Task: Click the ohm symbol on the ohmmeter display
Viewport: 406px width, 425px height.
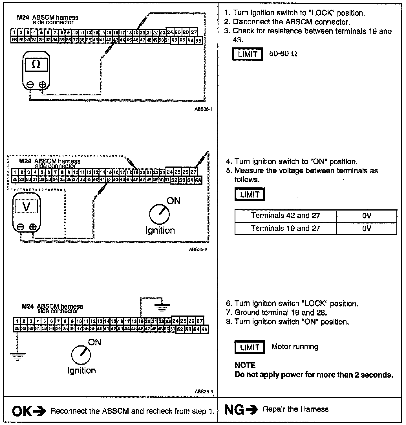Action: [x=36, y=65]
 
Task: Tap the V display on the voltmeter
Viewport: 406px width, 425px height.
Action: [x=26, y=207]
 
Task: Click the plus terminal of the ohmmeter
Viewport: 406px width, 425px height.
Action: [x=43, y=84]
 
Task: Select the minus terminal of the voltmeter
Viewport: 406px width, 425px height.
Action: [x=20, y=227]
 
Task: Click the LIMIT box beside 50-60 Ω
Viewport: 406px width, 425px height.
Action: [x=248, y=54]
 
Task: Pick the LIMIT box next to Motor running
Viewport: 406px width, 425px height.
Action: [x=250, y=347]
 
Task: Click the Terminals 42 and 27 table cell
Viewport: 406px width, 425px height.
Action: [x=285, y=216]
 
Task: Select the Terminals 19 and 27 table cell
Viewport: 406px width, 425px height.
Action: [x=285, y=228]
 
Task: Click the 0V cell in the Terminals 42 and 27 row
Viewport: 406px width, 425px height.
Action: [x=367, y=216]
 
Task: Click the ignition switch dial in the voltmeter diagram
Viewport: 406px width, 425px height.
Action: [x=160, y=214]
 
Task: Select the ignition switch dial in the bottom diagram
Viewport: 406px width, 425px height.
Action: [x=81, y=355]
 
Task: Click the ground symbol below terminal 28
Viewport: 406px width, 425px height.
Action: [x=17, y=356]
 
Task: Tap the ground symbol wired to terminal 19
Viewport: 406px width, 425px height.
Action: [x=162, y=307]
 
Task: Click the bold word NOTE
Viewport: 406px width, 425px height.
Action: [x=245, y=365]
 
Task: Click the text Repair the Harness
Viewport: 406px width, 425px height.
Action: [x=295, y=409]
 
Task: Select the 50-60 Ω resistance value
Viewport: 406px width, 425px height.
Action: [x=283, y=54]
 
